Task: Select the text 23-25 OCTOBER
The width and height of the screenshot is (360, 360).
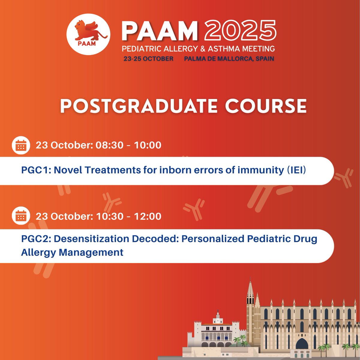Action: pyautogui.click(x=148, y=58)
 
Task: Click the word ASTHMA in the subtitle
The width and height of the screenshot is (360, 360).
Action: pyautogui.click(x=224, y=48)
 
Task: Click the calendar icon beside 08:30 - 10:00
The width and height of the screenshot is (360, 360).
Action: pyautogui.click(x=21, y=145)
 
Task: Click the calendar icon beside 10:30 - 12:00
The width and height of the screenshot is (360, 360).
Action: pyautogui.click(x=21, y=216)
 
